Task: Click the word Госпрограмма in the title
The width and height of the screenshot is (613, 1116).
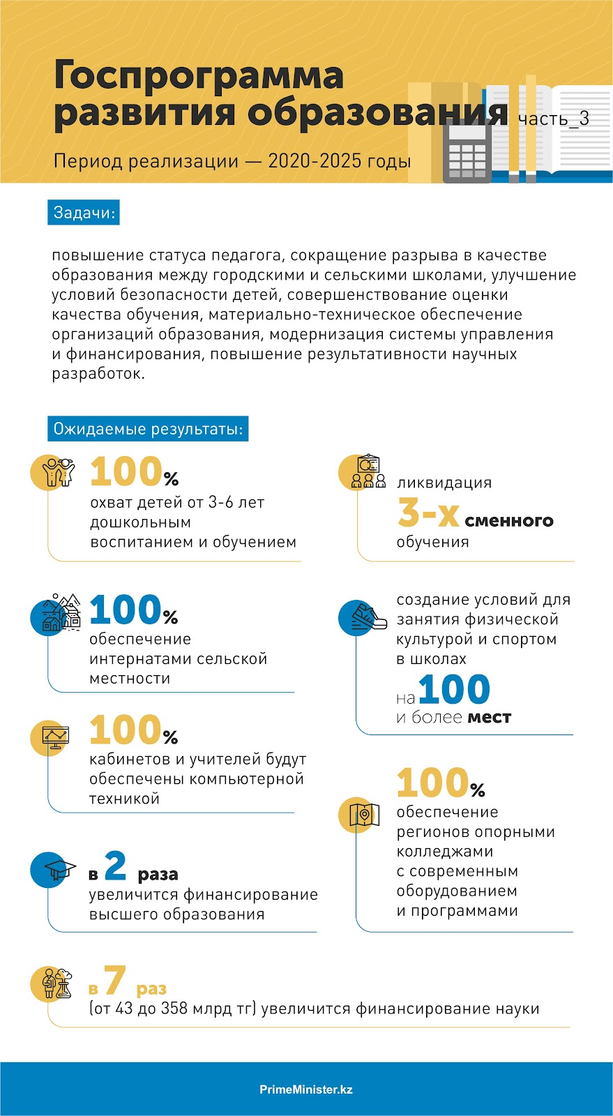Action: tap(198, 75)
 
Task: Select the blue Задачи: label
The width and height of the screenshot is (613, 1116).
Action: tap(84, 213)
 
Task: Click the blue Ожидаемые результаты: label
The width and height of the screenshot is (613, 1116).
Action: tap(148, 429)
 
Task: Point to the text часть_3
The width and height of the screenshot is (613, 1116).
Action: tap(553, 119)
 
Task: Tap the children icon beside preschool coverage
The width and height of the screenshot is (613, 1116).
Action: tap(57, 472)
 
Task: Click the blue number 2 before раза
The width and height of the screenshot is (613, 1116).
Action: tap(115, 866)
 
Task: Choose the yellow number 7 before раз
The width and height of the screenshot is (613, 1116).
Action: tap(115, 981)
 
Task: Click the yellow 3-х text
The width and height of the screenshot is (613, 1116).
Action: tap(428, 514)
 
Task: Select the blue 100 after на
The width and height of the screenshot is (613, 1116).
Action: tap(454, 690)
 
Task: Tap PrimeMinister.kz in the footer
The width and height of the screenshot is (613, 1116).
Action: tap(306, 1089)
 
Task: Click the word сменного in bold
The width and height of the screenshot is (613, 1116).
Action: tap(509, 521)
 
